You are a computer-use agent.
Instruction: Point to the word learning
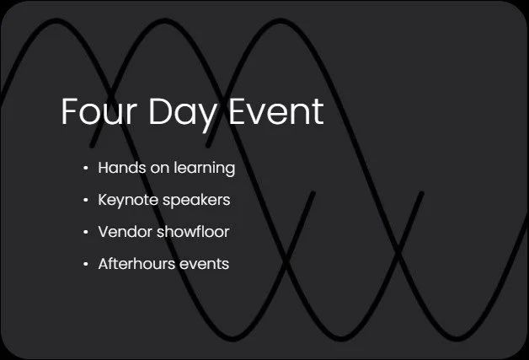[x=204, y=169]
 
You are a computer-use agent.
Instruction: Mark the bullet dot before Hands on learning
[x=85, y=169]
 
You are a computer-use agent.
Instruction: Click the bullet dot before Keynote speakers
[x=85, y=201]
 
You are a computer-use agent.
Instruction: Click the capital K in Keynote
[x=103, y=201]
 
